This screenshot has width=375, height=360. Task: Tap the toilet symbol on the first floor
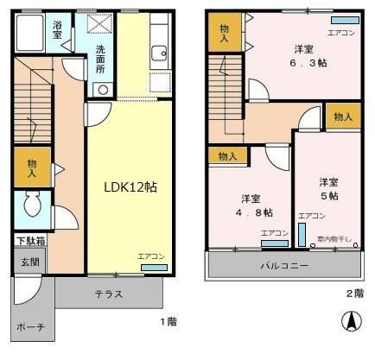click(x=32, y=205)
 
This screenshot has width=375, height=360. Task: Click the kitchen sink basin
click(x=158, y=54)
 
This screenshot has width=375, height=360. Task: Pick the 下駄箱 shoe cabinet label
click(x=31, y=241)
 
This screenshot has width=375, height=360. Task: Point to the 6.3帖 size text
click(x=308, y=64)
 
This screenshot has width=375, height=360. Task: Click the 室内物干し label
click(x=333, y=238)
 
